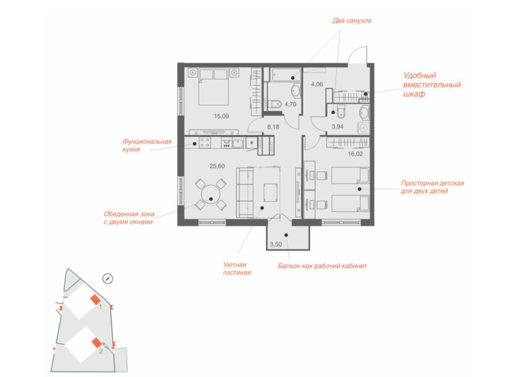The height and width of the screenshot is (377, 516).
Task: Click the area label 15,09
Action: pos(221,116)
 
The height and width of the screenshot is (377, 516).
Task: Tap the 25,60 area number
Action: pos(217,166)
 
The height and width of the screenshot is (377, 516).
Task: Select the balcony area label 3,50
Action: pos(276,244)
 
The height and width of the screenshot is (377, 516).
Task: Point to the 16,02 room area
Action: pos(355,154)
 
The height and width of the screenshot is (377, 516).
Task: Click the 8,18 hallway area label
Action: pos(273,127)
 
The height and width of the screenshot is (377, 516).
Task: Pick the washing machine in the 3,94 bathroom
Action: pos(363,128)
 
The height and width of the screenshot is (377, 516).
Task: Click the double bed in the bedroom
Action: pos(214,87)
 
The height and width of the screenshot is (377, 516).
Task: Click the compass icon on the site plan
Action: pos(108,279)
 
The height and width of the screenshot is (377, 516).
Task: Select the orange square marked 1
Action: pos(95,300)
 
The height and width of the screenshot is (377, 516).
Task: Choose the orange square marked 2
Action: pos(97,343)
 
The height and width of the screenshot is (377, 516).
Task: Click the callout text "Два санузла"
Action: pos(352,21)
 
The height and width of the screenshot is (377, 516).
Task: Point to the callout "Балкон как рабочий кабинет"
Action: pos(322,266)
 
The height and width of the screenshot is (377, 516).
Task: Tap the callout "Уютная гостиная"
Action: pos(237,269)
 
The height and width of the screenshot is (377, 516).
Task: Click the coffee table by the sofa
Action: pos(270,193)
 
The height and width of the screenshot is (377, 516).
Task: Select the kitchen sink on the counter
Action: pos(238,143)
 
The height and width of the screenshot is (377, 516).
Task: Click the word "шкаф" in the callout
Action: pos(414,94)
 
